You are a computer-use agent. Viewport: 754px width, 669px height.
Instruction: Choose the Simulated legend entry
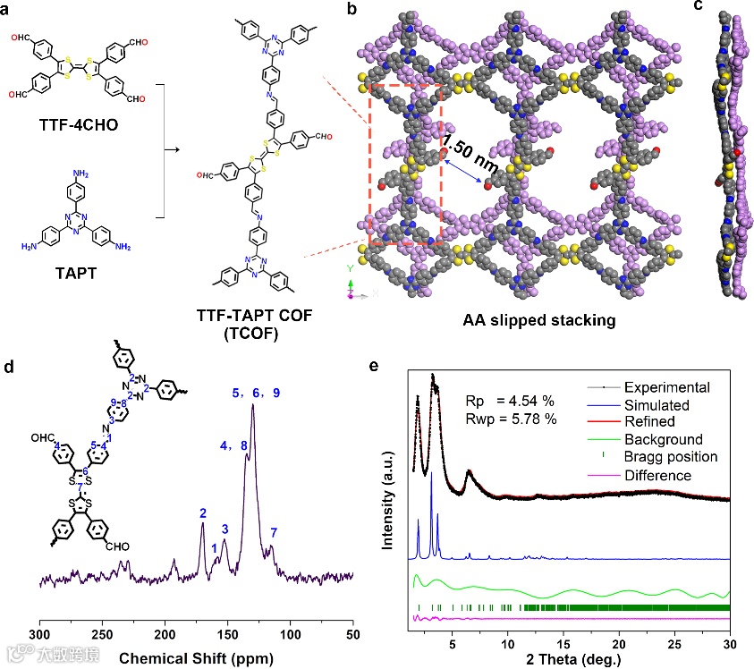pos(663,405)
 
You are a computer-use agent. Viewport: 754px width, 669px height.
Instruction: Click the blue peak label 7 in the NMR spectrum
pos(274,533)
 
